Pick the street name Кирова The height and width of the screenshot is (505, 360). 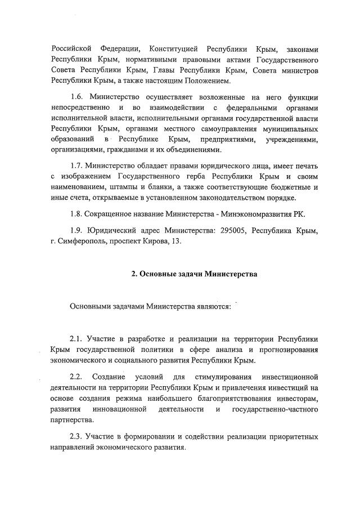coord(169,243)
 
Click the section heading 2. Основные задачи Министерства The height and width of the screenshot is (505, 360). coord(194,274)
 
